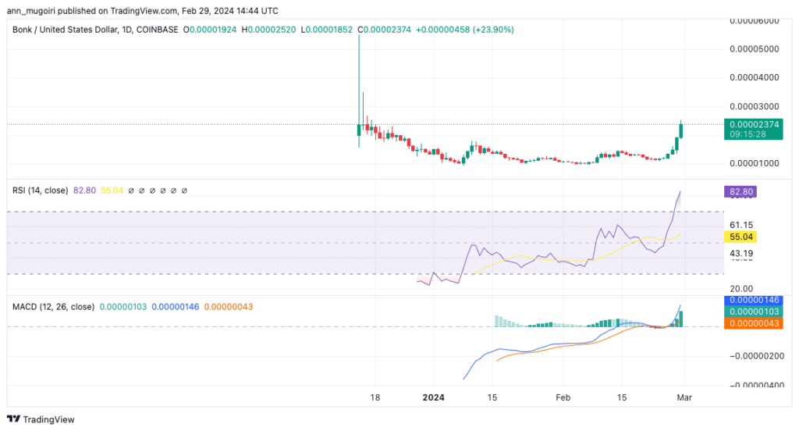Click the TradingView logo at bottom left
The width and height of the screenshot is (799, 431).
coord(43,419)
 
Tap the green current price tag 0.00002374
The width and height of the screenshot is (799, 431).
coord(751,123)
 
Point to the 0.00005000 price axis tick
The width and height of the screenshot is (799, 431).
coord(754,48)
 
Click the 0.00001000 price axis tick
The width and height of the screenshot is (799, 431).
coord(754,163)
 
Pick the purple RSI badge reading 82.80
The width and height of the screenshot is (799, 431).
coord(740,191)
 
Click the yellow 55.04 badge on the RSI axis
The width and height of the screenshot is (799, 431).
coord(740,236)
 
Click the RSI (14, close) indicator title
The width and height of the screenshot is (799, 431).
coord(40,190)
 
